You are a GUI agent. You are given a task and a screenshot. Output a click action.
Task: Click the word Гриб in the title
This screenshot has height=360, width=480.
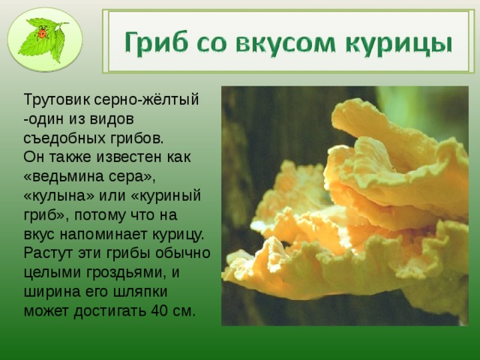click(x=156, y=42)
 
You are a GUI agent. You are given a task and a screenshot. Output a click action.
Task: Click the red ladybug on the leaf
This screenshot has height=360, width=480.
click(x=42, y=33)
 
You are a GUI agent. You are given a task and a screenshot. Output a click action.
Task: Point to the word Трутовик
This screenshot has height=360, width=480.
click(x=57, y=100)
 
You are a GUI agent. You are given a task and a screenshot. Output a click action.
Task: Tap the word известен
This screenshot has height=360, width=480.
click(x=130, y=157)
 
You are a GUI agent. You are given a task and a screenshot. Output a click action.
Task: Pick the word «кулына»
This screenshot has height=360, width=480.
click(x=59, y=196)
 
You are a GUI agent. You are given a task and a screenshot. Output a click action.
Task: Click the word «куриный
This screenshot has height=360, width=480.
click(x=166, y=196)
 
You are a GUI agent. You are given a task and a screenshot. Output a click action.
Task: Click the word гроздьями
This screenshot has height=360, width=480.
click(x=126, y=273)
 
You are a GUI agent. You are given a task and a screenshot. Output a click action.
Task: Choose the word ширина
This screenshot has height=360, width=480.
click(x=49, y=292)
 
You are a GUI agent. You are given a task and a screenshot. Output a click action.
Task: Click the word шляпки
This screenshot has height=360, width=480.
click(x=140, y=292)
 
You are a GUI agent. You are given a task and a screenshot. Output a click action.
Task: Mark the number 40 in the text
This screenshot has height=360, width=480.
click(x=160, y=311)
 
